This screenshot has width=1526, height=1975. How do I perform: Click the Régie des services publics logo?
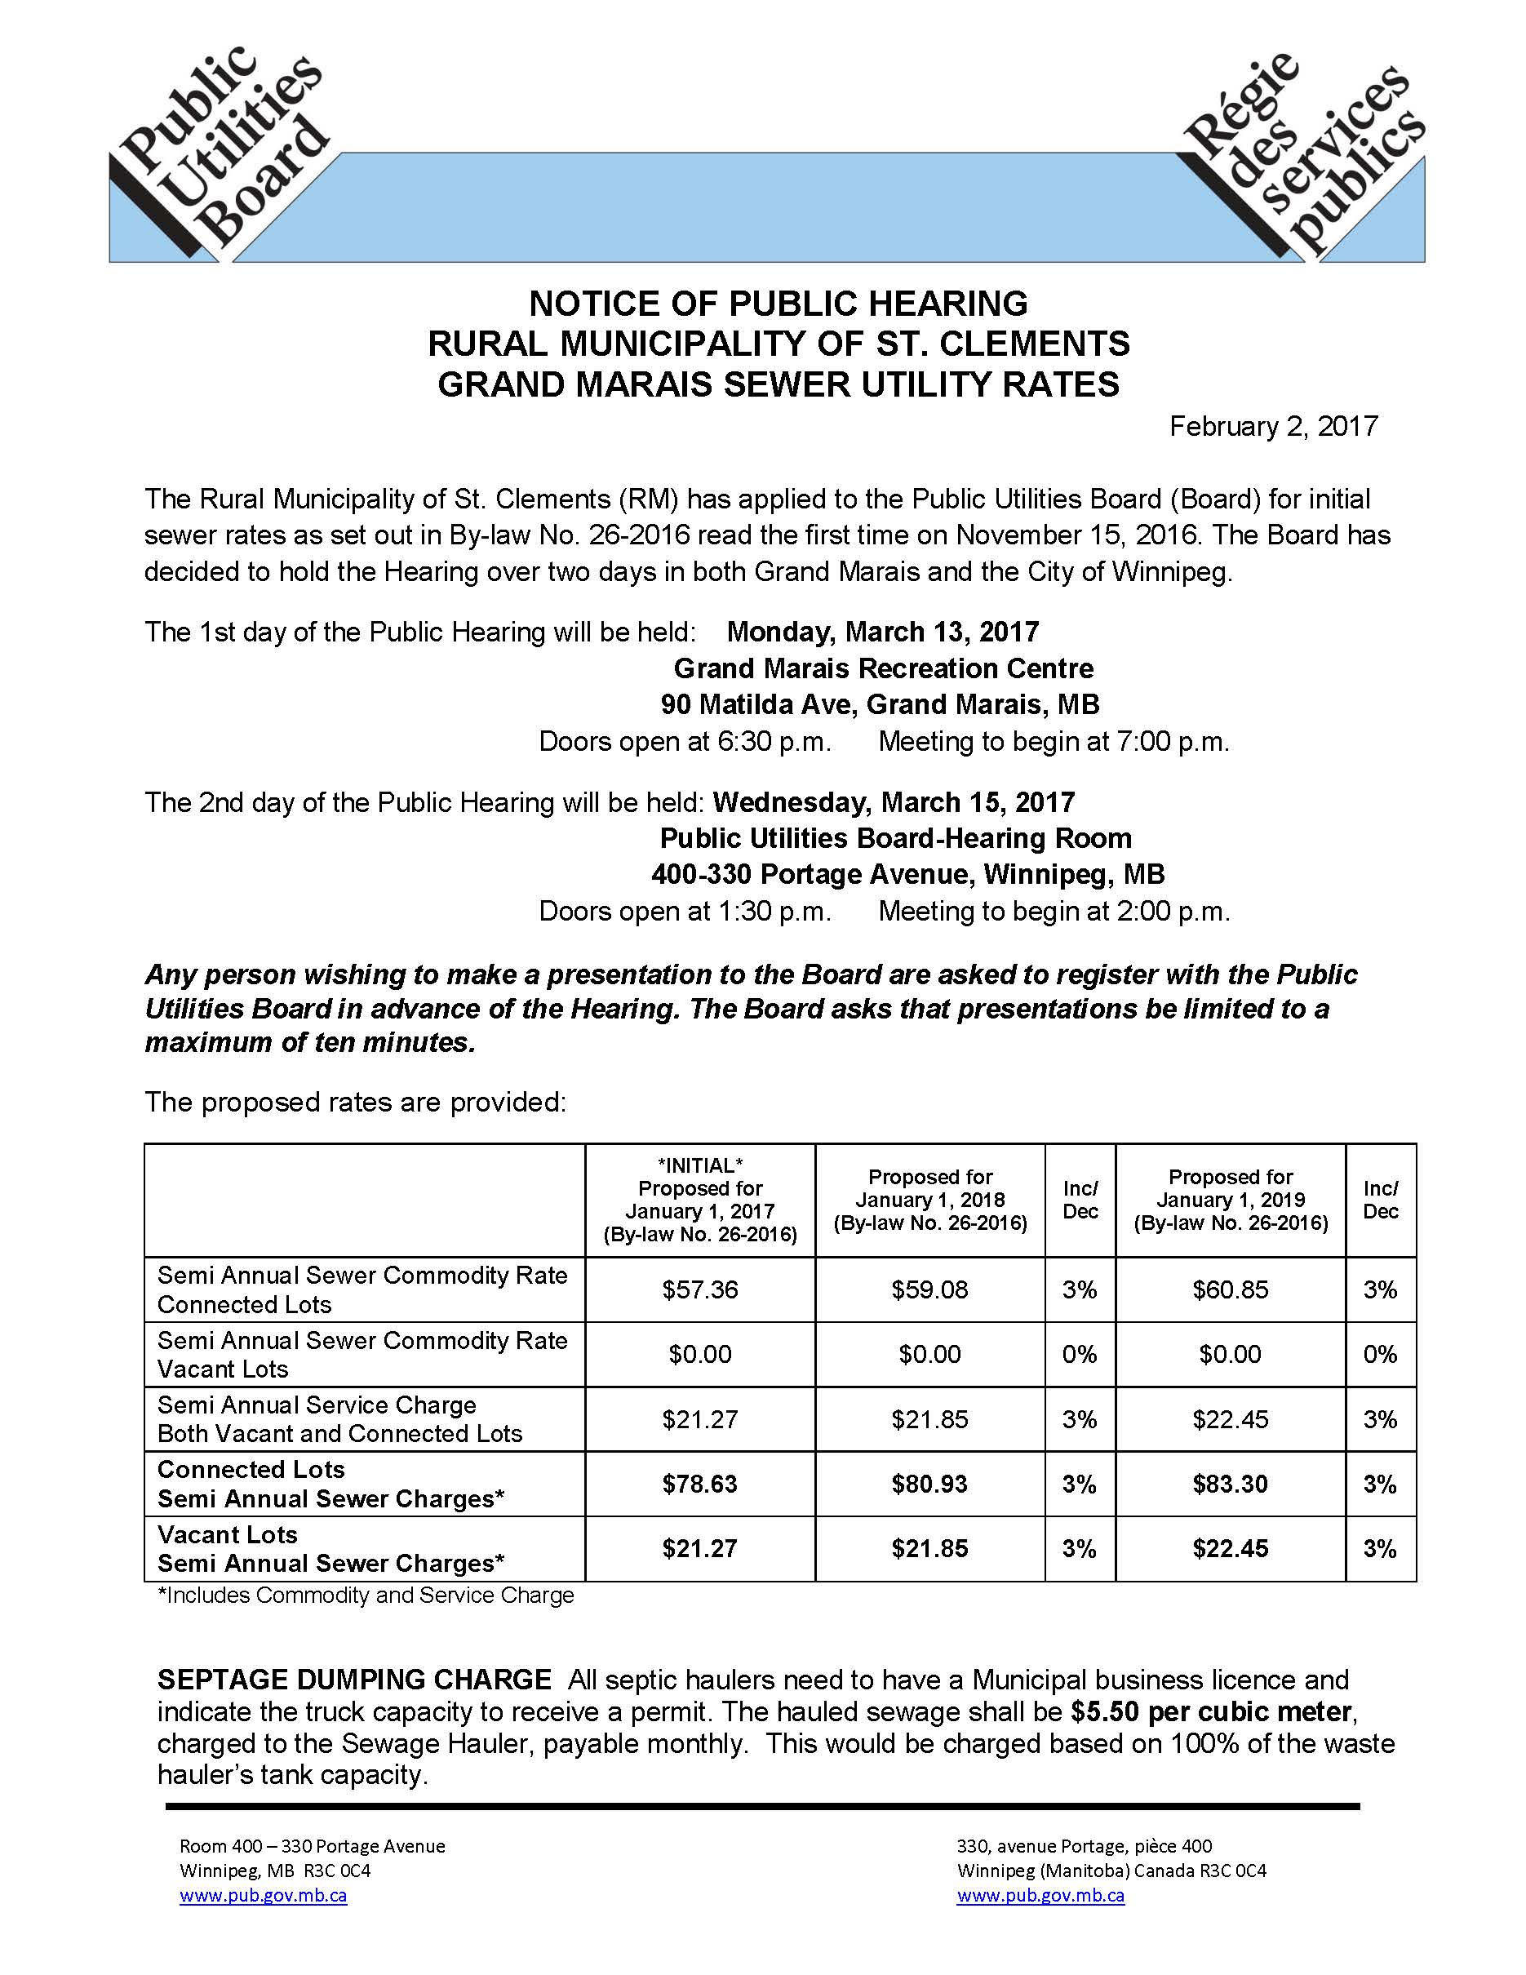pyautogui.click(x=1302, y=153)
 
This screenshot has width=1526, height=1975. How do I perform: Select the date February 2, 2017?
pyautogui.click(x=1273, y=426)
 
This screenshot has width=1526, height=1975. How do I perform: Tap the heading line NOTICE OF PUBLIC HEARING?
pyautogui.click(x=779, y=304)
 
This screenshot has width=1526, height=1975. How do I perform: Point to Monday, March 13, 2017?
pyautogui.click(x=882, y=631)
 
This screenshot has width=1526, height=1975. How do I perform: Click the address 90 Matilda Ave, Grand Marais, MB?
pyautogui.click(x=880, y=704)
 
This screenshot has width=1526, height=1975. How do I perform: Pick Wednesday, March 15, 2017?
pyautogui.click(x=894, y=802)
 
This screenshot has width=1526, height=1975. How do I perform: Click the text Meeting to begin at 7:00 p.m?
pyautogui.click(x=1054, y=742)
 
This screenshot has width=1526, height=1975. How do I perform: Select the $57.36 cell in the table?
pyautogui.click(x=699, y=1289)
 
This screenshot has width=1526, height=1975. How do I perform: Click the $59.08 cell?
pyautogui.click(x=929, y=1289)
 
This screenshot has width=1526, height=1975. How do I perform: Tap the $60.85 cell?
pyautogui.click(x=1231, y=1289)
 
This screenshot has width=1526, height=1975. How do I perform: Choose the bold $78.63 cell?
pyautogui.click(x=699, y=1484)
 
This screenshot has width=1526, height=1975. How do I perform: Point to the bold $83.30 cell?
pyautogui.click(x=1231, y=1484)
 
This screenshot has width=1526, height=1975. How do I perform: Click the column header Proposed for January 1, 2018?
pyautogui.click(x=929, y=1200)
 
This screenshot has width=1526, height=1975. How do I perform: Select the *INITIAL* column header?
pyautogui.click(x=699, y=1200)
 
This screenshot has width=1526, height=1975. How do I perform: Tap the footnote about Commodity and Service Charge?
pyautogui.click(x=366, y=1596)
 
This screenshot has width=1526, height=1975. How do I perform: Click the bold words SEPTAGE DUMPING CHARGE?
pyautogui.click(x=354, y=1680)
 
